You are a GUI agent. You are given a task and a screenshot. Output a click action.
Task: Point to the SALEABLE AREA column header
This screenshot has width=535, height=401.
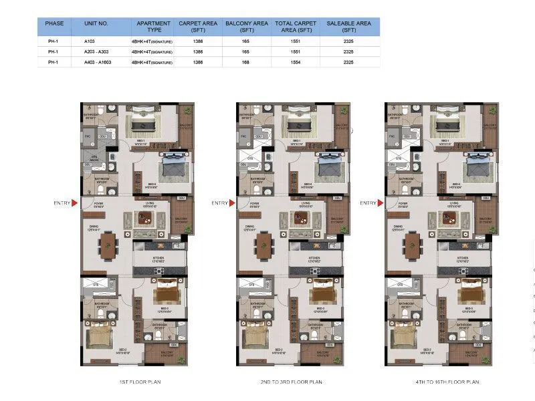348,27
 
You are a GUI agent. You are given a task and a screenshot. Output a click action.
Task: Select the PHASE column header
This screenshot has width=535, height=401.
55,23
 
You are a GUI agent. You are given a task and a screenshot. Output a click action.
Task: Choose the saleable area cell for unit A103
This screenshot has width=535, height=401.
348,41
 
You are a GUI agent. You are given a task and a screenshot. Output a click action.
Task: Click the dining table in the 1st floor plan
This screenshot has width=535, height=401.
108,245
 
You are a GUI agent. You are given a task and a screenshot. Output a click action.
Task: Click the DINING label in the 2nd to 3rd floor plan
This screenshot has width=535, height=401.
249,227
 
